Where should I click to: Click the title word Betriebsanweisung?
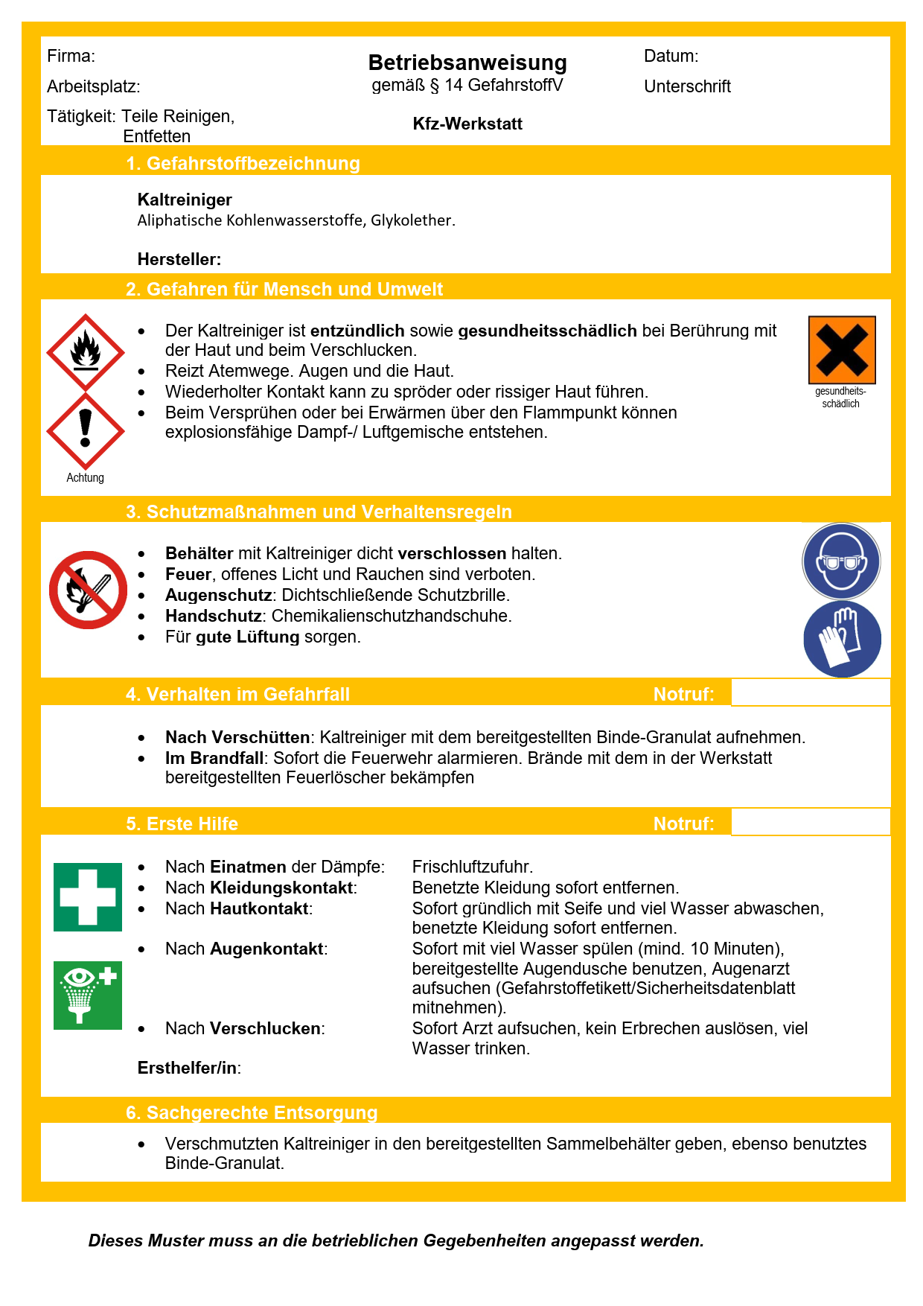tap(467, 63)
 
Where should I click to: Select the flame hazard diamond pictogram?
tap(86, 352)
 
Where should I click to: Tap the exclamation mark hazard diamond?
tap(86, 431)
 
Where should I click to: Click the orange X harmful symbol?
tap(842, 350)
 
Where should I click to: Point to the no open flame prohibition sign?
tap(88, 590)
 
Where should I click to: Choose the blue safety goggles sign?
tap(841, 561)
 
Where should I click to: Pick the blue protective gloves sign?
tap(842, 639)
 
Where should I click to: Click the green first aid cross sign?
tap(88, 897)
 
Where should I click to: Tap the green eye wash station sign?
tap(88, 996)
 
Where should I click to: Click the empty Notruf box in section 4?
tap(811, 692)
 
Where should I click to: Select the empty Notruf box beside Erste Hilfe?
tap(811, 822)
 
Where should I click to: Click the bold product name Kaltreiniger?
tap(185, 200)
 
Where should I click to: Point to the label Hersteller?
tap(179, 259)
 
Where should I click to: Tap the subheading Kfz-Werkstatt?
tap(467, 124)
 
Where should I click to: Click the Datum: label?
tap(671, 56)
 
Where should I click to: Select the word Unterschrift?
tap(687, 86)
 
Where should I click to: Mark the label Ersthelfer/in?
tap(189, 1068)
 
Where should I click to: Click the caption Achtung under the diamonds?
tap(86, 477)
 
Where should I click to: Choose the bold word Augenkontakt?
tap(266, 949)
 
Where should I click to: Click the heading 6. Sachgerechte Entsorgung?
tap(252, 1112)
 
